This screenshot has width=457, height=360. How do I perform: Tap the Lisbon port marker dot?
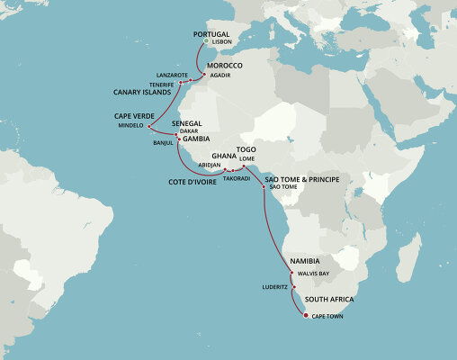[x=206, y=41]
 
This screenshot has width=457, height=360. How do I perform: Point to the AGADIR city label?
[x=220, y=75]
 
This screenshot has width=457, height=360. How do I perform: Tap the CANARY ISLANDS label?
[x=142, y=92]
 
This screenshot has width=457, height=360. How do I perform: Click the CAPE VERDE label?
[x=134, y=116]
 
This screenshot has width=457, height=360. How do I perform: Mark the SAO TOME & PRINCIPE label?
[x=301, y=179]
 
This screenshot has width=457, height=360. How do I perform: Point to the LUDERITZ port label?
[x=274, y=287]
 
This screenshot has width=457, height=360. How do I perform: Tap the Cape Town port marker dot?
[x=306, y=316]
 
